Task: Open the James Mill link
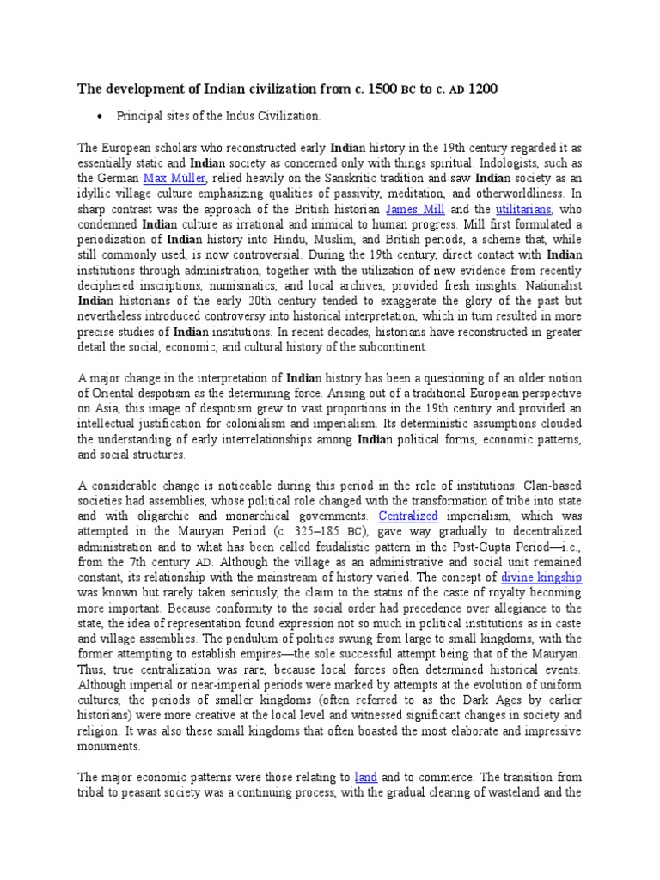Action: (x=415, y=209)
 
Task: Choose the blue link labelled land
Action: (x=365, y=778)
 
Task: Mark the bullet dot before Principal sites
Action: (x=102, y=116)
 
